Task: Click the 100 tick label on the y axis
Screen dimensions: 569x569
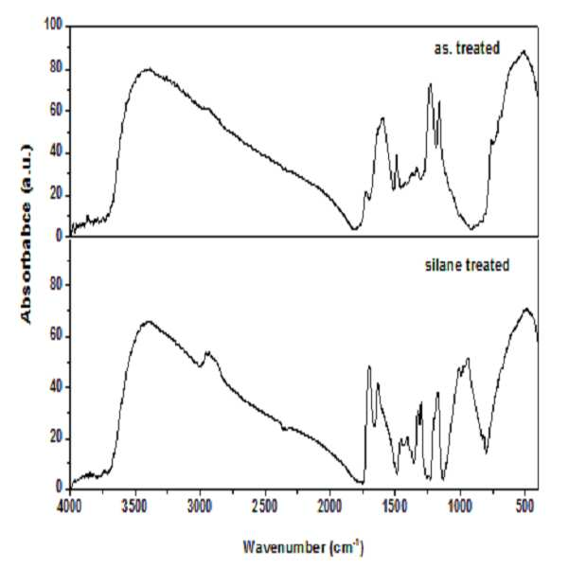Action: (x=54, y=26)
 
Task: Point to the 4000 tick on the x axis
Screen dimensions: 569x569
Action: (x=69, y=507)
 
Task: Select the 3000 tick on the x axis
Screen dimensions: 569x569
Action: (x=200, y=507)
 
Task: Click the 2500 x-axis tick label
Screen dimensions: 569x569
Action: (x=265, y=507)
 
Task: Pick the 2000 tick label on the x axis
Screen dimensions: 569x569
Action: (x=329, y=507)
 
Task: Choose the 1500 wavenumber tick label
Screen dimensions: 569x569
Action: (x=395, y=507)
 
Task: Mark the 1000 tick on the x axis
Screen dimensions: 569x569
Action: (x=460, y=507)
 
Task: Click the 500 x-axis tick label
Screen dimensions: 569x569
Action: (x=525, y=507)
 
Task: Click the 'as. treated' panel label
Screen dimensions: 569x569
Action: (x=467, y=48)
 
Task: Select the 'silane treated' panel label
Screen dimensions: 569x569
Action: (x=467, y=265)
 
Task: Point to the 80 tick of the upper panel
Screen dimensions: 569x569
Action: (x=57, y=69)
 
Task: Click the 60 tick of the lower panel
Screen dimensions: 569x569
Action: (x=57, y=336)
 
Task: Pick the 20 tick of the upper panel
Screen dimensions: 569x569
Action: (x=57, y=195)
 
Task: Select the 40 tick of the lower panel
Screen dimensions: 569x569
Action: (x=57, y=387)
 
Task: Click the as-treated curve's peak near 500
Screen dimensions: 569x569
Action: (x=524, y=51)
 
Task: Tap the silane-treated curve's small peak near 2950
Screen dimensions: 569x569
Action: (x=208, y=352)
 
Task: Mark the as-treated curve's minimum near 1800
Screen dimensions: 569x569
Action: (x=354, y=228)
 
